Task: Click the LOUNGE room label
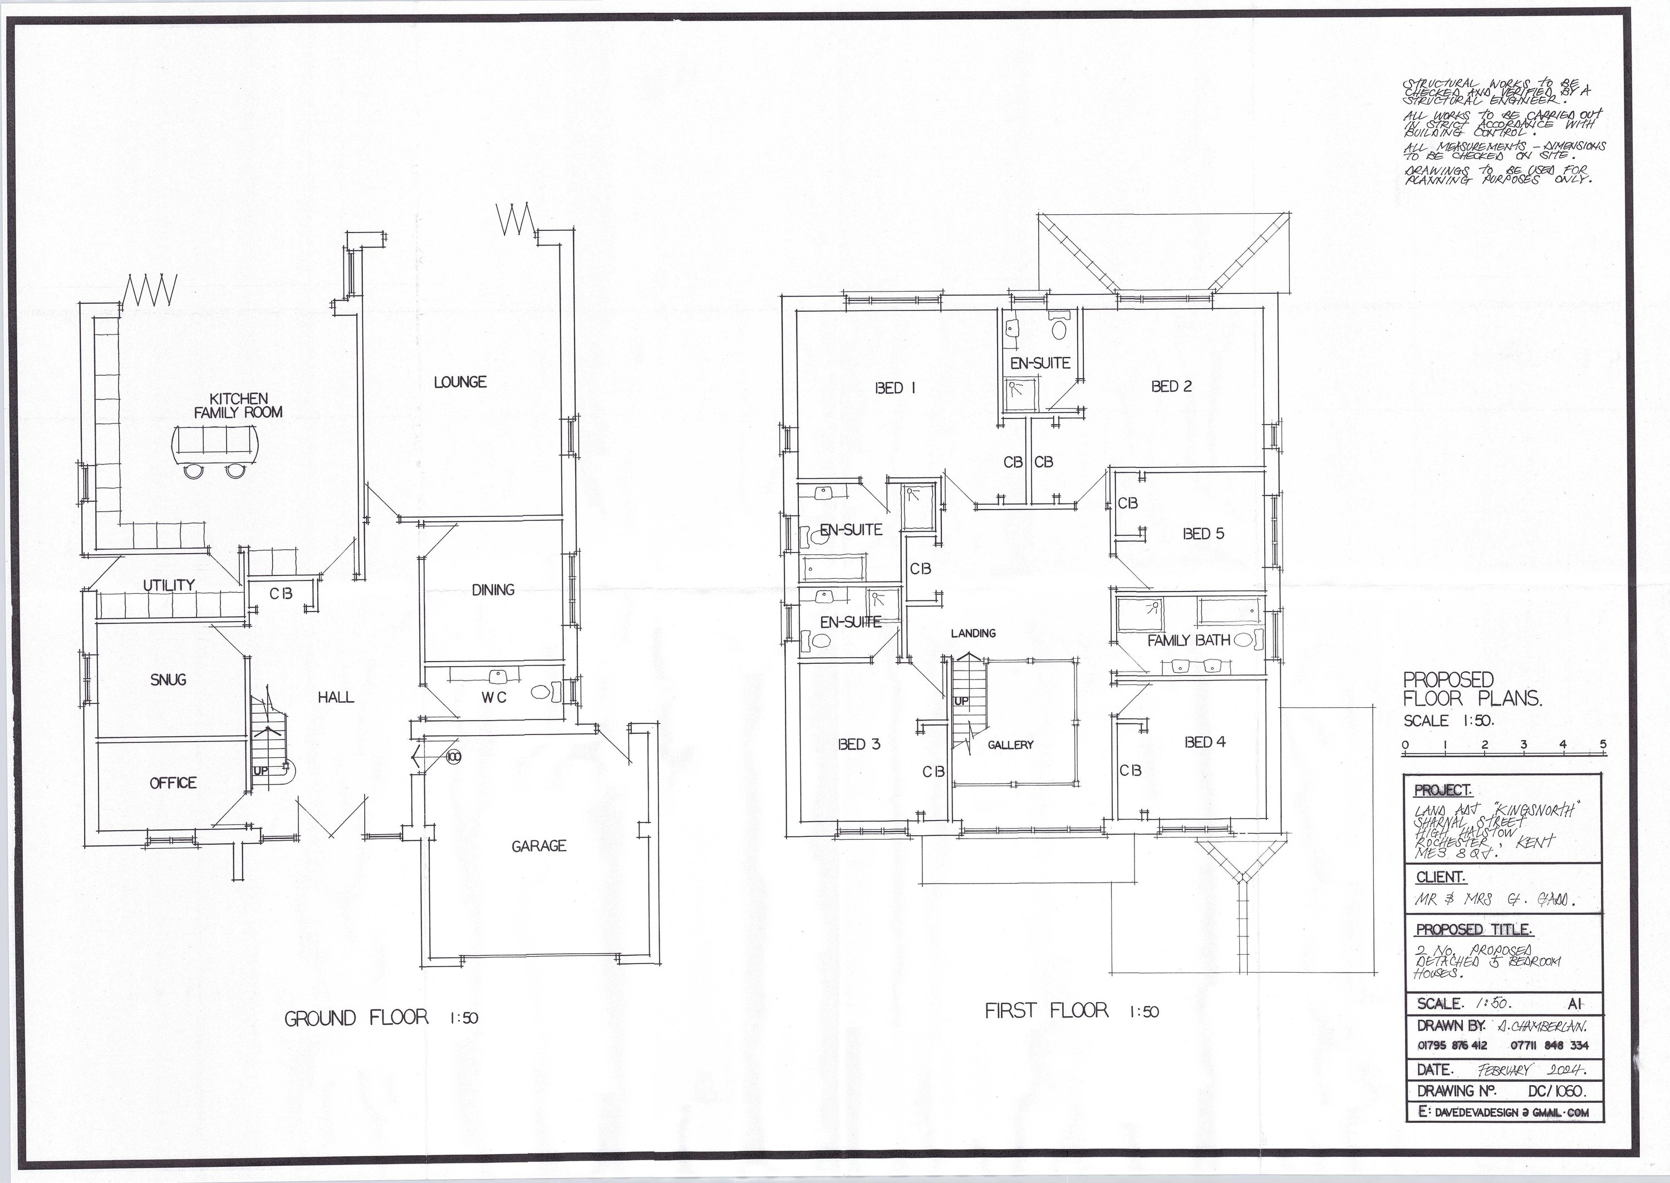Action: coord(460,382)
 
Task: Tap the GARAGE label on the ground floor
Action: coord(538,846)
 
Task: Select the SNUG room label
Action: coord(168,679)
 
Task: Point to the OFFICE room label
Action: coord(173,782)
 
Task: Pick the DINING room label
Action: coord(493,589)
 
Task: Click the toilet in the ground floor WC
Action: coord(543,692)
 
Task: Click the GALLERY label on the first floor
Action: coord(1010,745)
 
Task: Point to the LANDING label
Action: coord(972,633)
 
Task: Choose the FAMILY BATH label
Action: coord(1188,640)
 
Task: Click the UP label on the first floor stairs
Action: coord(961,701)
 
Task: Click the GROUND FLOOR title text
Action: coord(356,1017)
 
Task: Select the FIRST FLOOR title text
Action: coord(1047,1011)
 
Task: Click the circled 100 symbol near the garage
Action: coord(453,757)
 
